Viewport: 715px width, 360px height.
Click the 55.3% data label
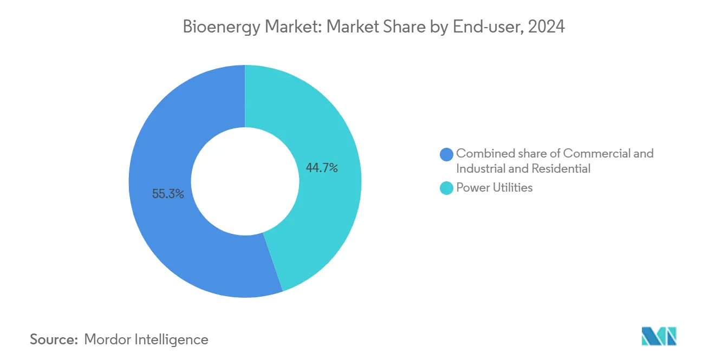pos(168,194)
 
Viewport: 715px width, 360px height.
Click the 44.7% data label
pos(322,168)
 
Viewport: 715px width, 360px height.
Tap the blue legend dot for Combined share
pos(447,154)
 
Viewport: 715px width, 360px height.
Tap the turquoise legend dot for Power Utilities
pos(447,188)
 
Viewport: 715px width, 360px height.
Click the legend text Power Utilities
pos(495,188)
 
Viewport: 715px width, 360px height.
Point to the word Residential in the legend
pos(561,169)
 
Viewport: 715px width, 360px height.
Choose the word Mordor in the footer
pos(107,339)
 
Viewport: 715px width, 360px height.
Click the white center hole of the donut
pos(245,181)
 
